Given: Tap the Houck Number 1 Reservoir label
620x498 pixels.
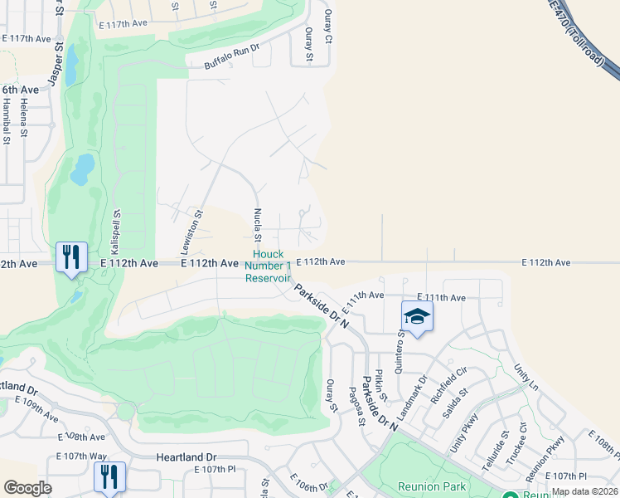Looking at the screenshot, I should (268, 266).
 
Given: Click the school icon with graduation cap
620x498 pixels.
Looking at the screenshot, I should (417, 317).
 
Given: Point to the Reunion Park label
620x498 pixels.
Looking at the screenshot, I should (431, 486).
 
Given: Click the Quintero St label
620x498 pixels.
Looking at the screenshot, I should (401, 353).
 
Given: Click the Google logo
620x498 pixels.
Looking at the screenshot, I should (27, 488).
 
